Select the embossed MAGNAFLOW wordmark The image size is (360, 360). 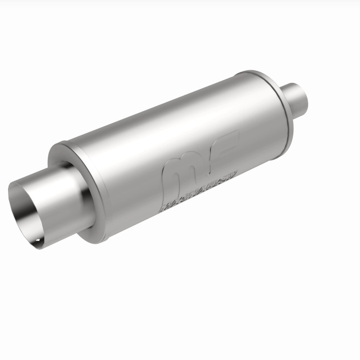point(198,191)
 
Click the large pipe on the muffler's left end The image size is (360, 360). point(49,198)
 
